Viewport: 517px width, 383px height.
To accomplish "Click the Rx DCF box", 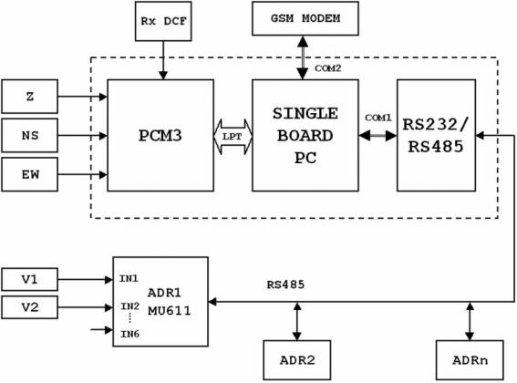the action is (163, 21).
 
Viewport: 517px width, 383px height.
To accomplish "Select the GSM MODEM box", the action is (305, 18).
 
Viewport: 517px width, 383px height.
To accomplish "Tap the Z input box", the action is (30, 97).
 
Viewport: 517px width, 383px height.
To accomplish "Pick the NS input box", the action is (30, 135).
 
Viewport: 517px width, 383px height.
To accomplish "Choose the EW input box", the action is (30, 174).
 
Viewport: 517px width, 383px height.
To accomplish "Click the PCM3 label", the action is (160, 135).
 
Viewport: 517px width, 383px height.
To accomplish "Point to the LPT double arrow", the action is (233, 137).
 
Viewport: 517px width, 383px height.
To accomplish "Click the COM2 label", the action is (327, 68).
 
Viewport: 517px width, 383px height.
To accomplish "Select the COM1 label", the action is (378, 118).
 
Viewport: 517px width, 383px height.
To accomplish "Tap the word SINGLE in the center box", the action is (305, 113).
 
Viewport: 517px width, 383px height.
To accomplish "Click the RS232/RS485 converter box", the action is (436, 135).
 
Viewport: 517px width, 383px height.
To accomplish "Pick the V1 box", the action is (30, 279).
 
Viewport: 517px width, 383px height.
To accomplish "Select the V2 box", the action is (30, 307).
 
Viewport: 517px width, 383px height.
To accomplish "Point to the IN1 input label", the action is (129, 279).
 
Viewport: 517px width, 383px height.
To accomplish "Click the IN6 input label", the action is (129, 334).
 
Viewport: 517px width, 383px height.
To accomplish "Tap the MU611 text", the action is (170, 311).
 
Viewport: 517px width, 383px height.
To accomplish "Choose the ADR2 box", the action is (297, 360).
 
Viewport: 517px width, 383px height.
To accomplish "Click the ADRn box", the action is (470, 360).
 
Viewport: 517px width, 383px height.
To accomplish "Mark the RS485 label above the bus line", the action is (285, 285).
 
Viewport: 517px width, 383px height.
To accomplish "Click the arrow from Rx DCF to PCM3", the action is (163, 60).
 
